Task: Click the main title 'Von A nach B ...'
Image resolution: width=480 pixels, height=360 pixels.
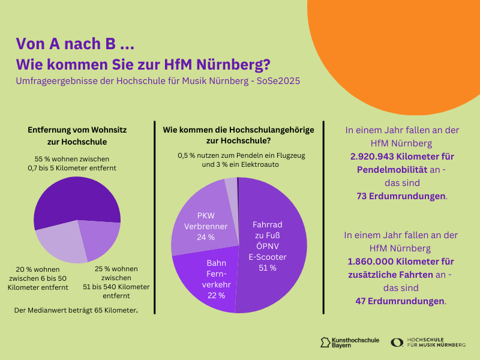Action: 74,43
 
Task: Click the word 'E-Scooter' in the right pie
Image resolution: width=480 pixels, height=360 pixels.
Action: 268,257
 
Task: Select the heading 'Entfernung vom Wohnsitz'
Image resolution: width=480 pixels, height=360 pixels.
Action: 77,129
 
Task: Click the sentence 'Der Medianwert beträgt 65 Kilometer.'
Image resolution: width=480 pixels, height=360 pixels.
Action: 76,310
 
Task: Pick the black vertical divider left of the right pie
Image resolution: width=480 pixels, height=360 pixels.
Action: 155,216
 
